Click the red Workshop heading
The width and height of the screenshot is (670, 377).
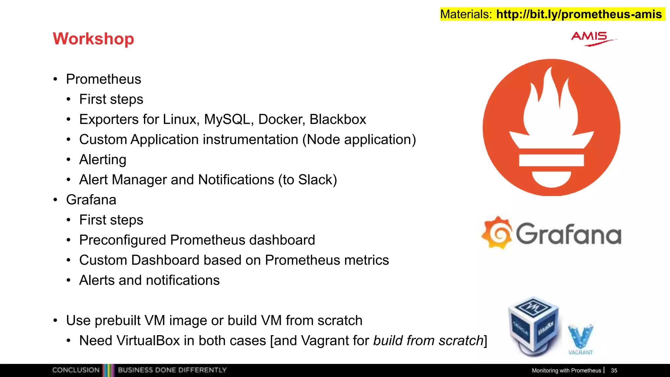pyautogui.click(x=93, y=39)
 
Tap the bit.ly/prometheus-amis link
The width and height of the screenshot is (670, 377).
pyautogui.click(x=579, y=14)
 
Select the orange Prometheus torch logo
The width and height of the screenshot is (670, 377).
pyautogui.click(x=551, y=127)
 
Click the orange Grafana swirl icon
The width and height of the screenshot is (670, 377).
pyautogui.click(x=497, y=233)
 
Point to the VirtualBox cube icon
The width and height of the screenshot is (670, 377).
pyautogui.click(x=534, y=326)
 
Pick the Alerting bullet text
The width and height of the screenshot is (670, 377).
pyautogui.click(x=103, y=160)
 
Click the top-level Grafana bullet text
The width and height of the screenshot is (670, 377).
pyautogui.click(x=91, y=200)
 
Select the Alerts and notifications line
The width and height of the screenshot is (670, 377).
pyautogui.click(x=149, y=280)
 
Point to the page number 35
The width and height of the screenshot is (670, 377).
pyautogui.click(x=614, y=370)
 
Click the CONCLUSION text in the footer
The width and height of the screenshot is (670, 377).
pyautogui.click(x=76, y=370)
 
